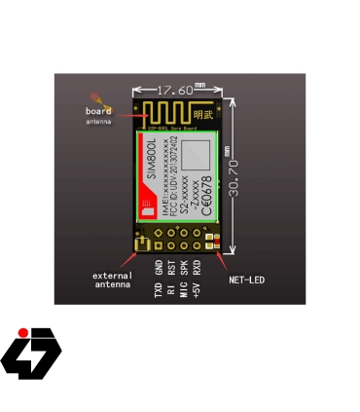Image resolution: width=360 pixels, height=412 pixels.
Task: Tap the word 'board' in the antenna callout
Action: coord(98,111)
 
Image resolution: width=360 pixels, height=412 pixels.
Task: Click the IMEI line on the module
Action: coord(162,176)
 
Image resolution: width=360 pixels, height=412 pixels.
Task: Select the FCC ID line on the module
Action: coord(173,176)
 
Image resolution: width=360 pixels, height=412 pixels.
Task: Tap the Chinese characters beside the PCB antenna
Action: coord(208,112)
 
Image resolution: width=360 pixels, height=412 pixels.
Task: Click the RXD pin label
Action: coord(197,268)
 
